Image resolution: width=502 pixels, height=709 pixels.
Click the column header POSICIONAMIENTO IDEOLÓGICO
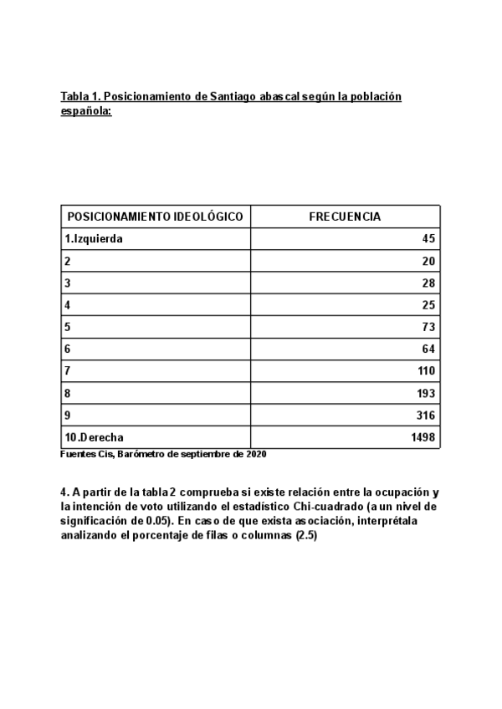(155, 217)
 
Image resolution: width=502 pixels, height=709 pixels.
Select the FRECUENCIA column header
(345, 217)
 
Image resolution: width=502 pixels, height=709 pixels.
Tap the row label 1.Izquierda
(94, 239)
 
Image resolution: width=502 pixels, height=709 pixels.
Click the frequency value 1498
(423, 437)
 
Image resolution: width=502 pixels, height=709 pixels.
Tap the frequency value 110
(427, 371)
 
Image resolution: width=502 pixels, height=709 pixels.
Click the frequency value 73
(429, 327)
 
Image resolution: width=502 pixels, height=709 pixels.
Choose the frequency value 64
(429, 349)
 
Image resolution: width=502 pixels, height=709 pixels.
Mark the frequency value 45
(429, 239)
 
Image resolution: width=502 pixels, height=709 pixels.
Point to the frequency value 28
(429, 283)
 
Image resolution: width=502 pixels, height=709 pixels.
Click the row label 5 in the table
(67, 327)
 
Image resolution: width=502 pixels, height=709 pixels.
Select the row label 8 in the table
(67, 393)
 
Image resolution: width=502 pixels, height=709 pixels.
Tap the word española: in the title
(86, 110)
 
